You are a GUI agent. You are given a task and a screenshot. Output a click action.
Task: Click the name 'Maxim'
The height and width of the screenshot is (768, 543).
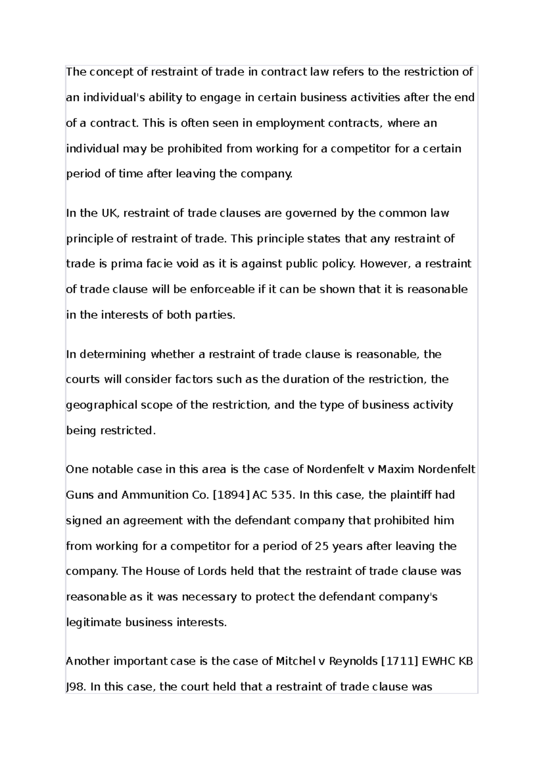click(x=396, y=469)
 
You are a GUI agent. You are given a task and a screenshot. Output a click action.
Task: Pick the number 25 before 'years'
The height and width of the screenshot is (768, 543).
click(x=321, y=546)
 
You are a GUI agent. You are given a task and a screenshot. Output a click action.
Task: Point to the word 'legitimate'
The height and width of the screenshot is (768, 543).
click(x=94, y=622)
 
